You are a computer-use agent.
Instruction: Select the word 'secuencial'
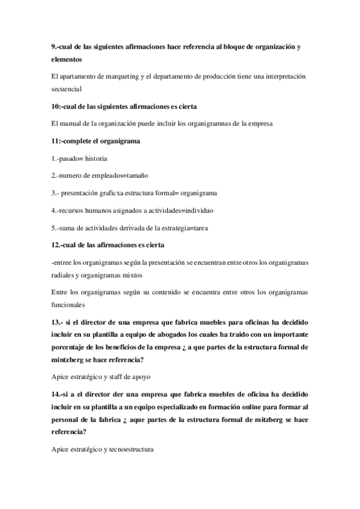click(68, 89)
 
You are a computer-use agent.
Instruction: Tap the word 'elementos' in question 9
click(67, 59)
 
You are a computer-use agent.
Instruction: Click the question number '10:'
click(58, 106)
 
